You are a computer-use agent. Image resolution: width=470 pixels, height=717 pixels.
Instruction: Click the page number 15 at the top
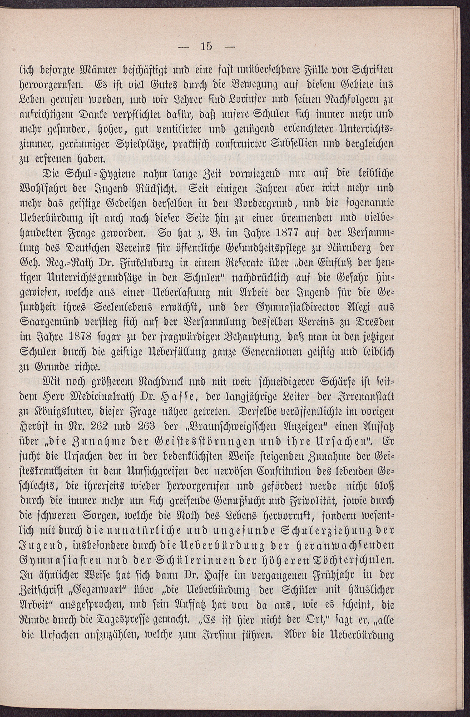pos(206,47)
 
